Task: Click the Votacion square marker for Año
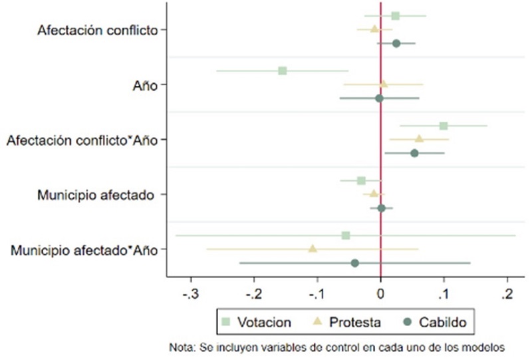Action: (x=283, y=71)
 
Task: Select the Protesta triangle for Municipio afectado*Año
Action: (x=313, y=248)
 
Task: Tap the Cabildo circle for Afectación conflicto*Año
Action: (x=414, y=153)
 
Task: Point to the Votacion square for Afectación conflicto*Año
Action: (x=444, y=126)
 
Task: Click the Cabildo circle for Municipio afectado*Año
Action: (x=355, y=263)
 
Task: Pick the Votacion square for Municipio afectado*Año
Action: (x=346, y=235)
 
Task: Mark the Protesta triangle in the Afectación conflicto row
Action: (x=374, y=29)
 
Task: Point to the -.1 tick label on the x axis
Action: (x=317, y=293)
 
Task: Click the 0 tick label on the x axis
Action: (x=380, y=293)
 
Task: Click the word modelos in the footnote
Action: (x=479, y=346)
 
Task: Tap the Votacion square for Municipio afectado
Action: (x=361, y=180)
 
